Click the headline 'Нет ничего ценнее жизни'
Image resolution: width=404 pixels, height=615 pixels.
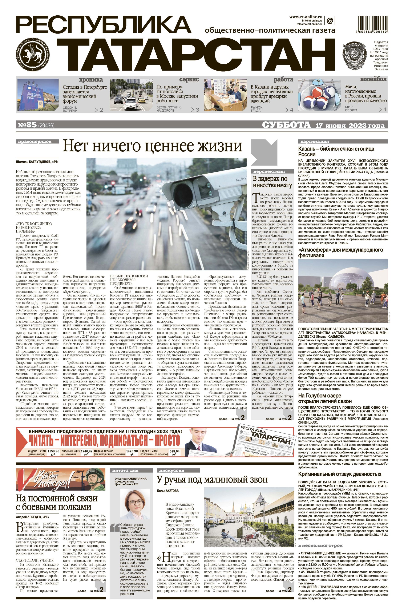point(153,146)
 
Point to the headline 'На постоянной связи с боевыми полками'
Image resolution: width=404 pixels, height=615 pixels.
point(57,502)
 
